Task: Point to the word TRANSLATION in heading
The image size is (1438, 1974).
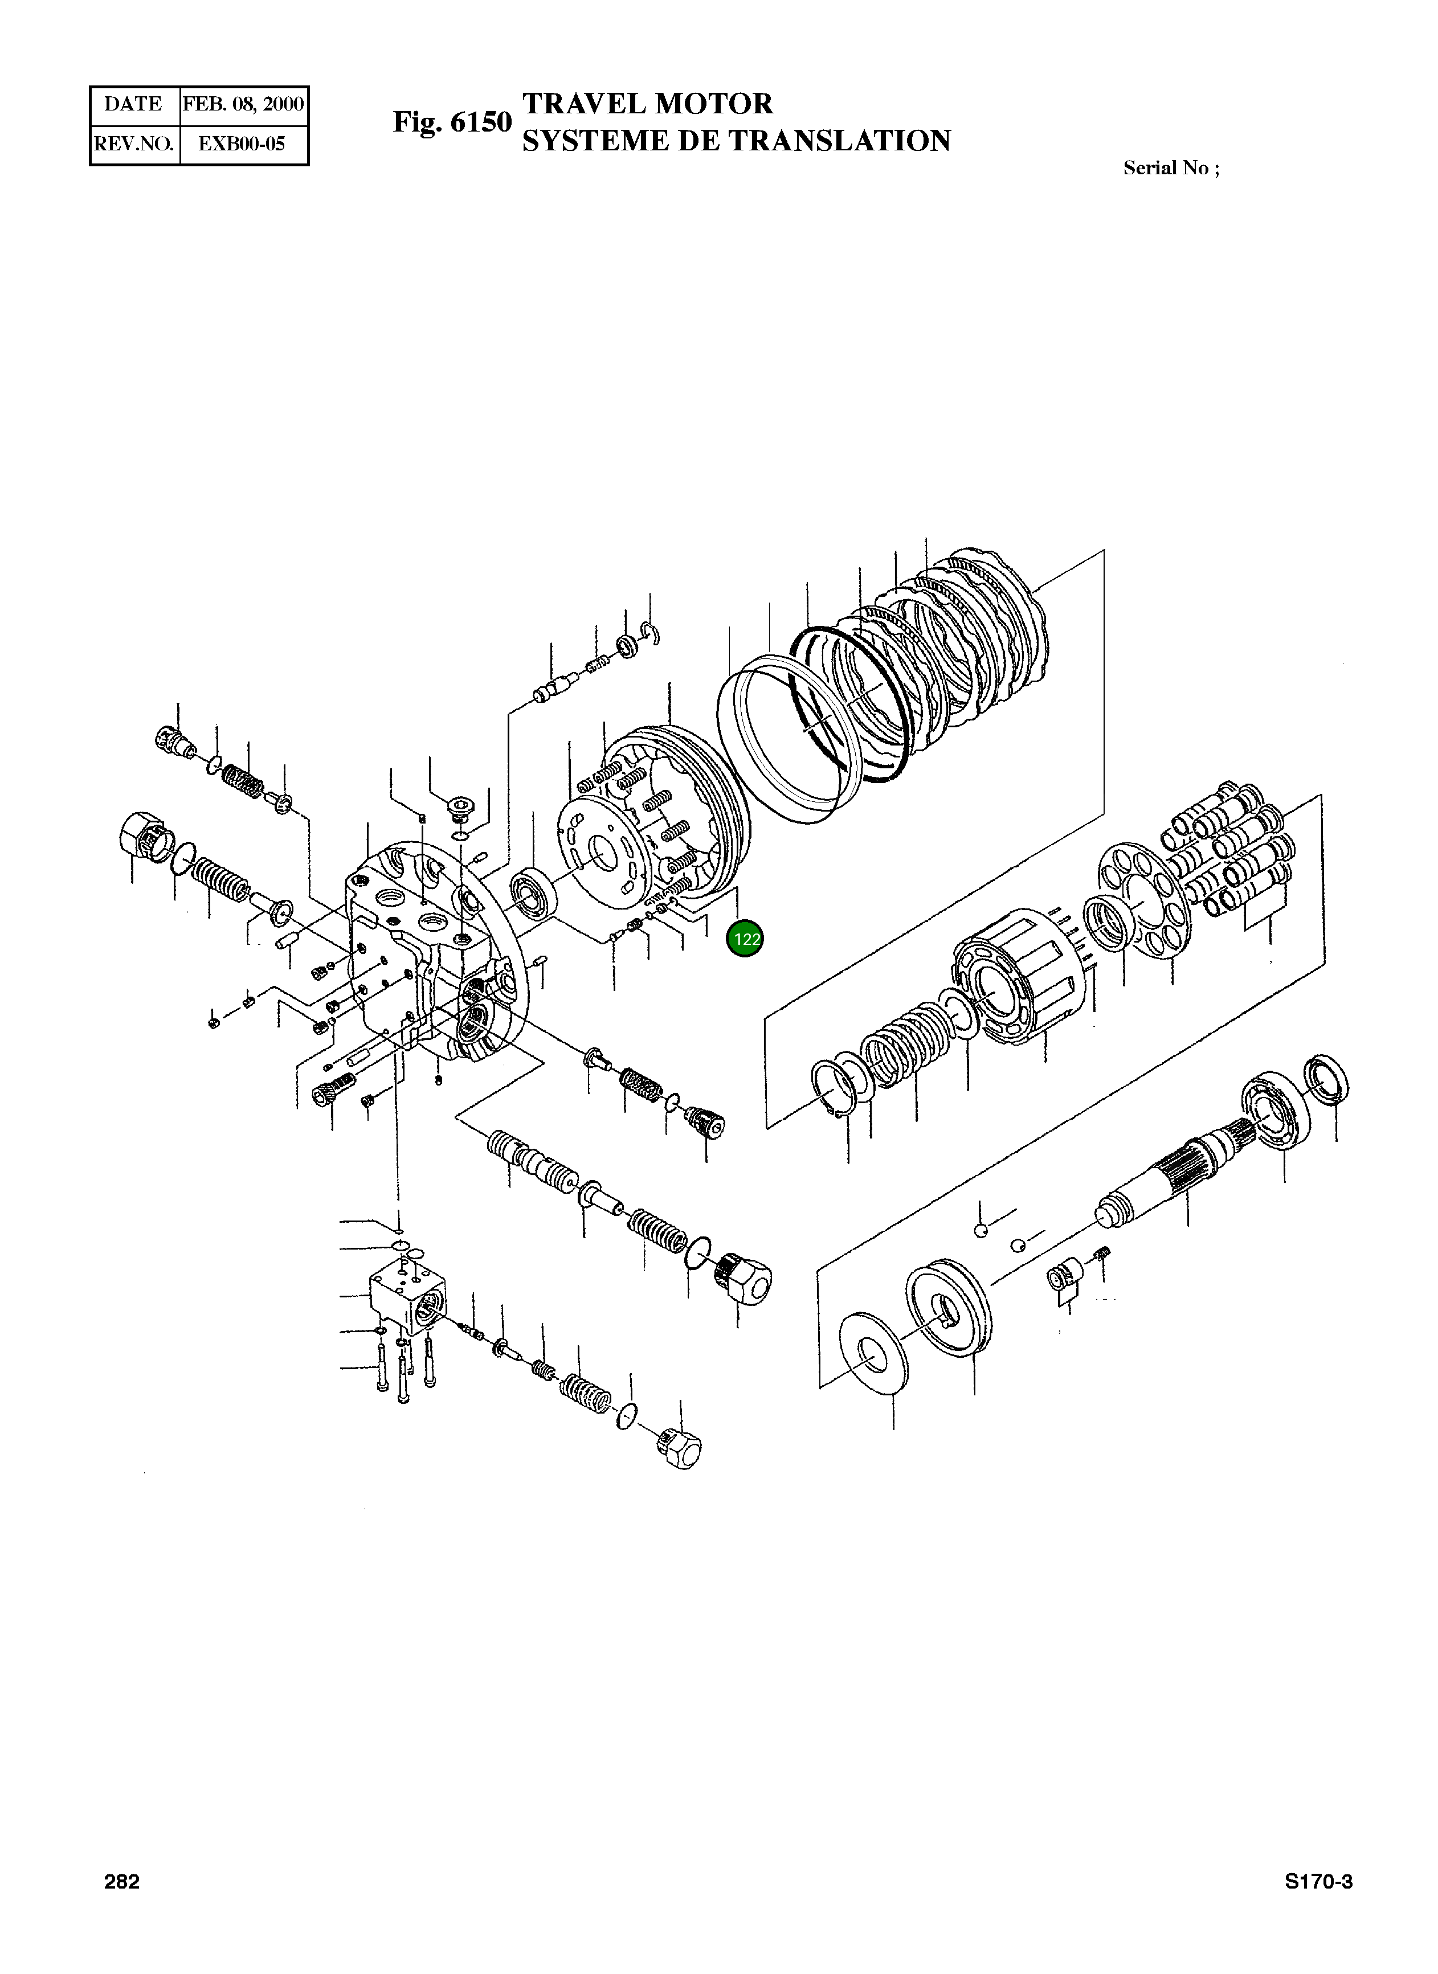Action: tap(839, 141)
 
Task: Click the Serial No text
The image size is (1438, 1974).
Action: tap(1171, 169)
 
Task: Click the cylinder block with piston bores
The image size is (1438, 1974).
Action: tap(1014, 984)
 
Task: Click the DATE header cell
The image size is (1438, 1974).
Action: tap(134, 104)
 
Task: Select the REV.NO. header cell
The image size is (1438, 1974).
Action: tap(134, 144)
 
